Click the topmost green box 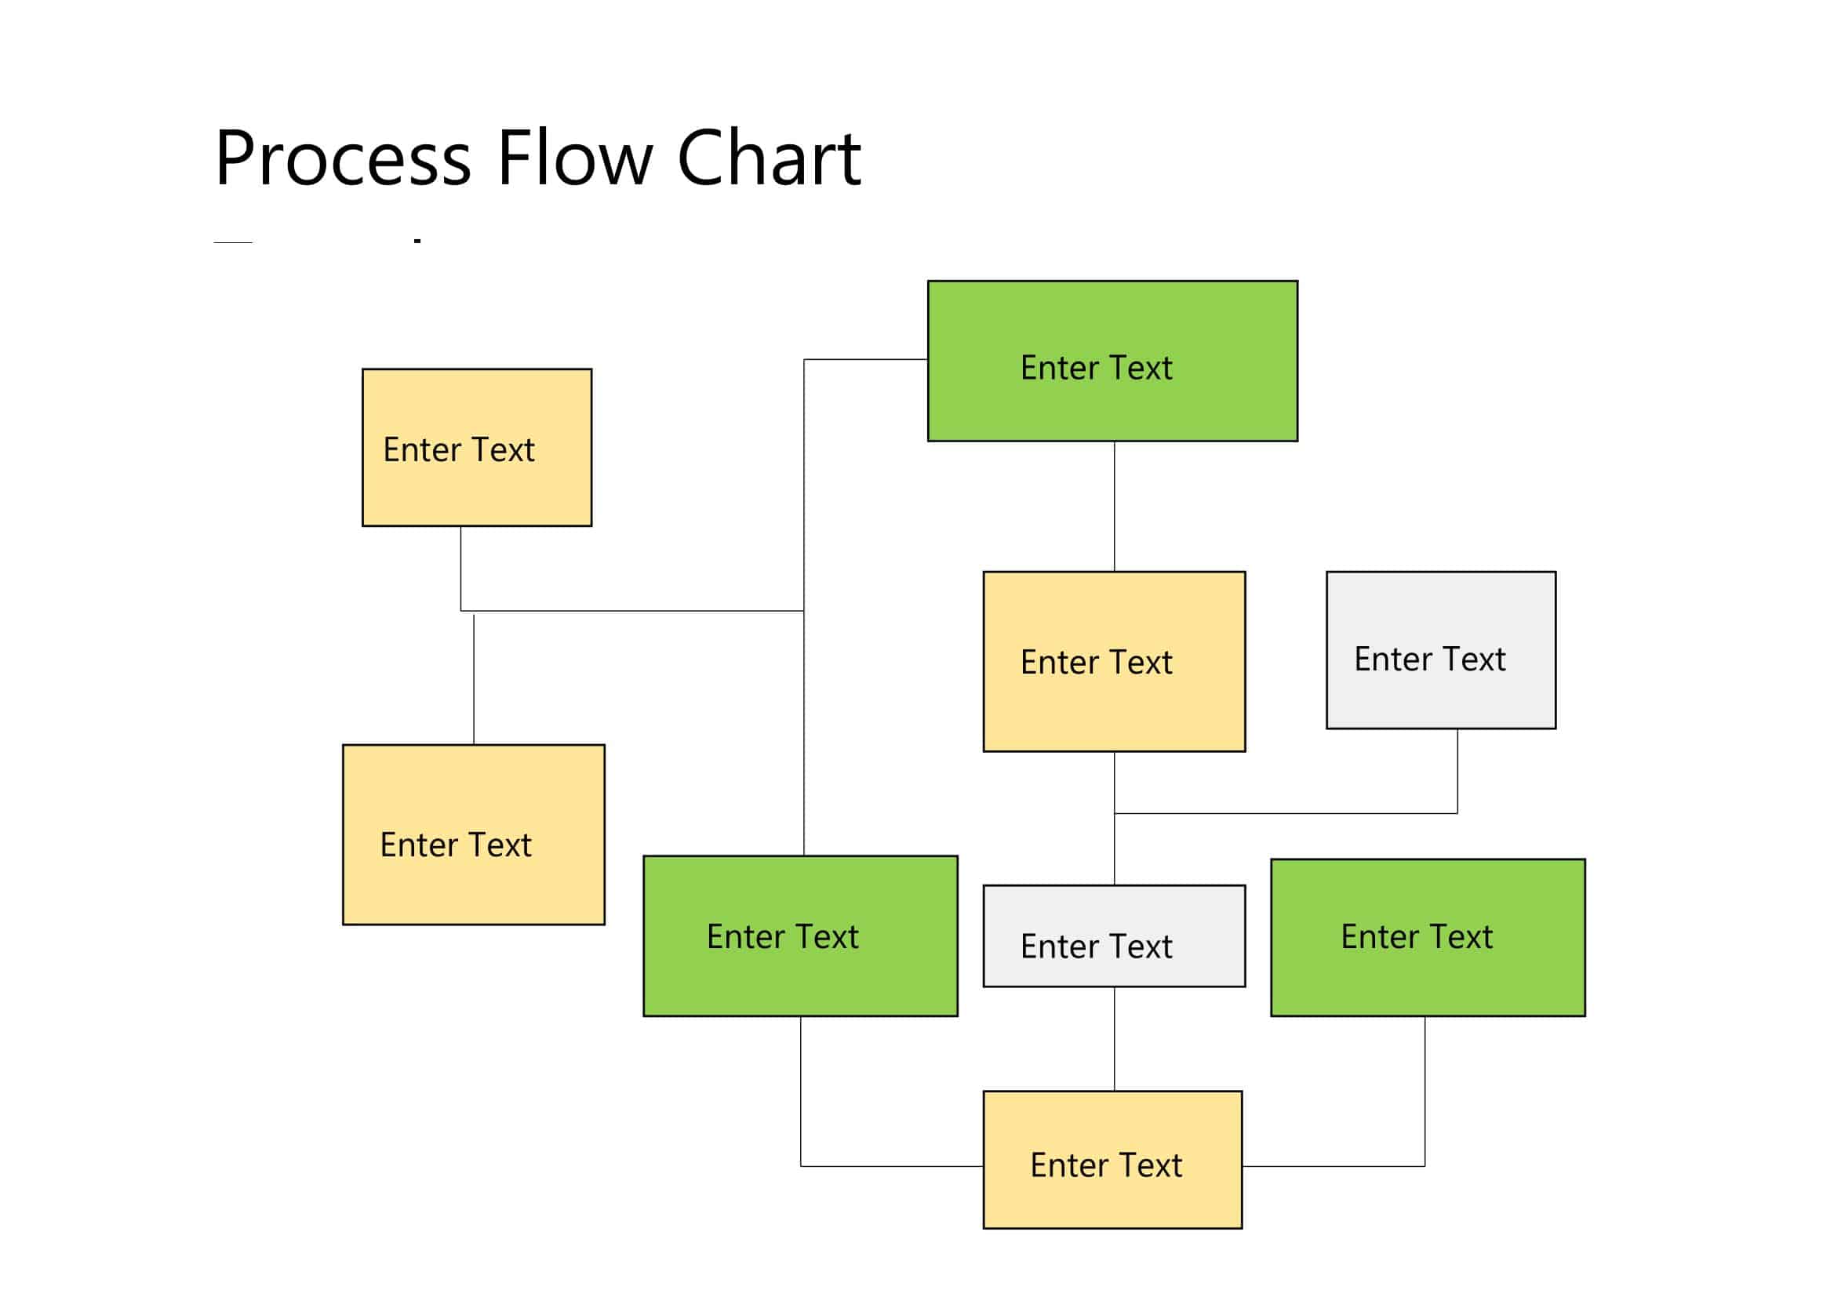pyautogui.click(x=1112, y=361)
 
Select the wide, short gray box pyautogui.click(x=1114, y=936)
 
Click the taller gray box pyautogui.click(x=1441, y=650)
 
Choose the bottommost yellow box pyautogui.click(x=1112, y=1160)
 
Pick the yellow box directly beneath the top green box pyautogui.click(x=1114, y=661)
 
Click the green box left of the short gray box pyautogui.click(x=800, y=936)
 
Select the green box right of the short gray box pyautogui.click(x=1428, y=938)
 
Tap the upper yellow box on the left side pyautogui.click(x=477, y=447)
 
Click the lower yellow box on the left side pyautogui.click(x=474, y=834)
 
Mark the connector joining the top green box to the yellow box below pyautogui.click(x=1115, y=507)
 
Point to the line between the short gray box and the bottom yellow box pyautogui.click(x=1115, y=1039)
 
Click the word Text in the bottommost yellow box pyautogui.click(x=1144, y=1166)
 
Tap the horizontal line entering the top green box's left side pyautogui.click(x=865, y=359)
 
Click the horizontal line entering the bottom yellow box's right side pyautogui.click(x=1334, y=1166)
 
